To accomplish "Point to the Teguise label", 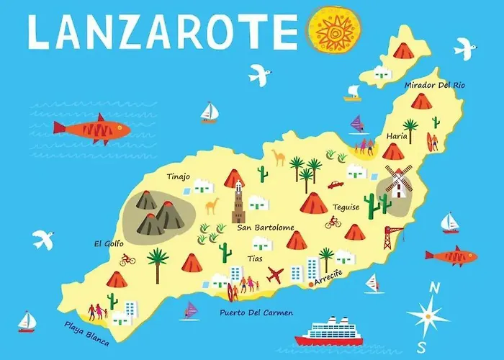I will coord(346,207).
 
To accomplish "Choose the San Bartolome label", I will coord(266,228).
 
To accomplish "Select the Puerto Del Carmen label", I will coord(250,313).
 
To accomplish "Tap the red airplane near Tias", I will coord(275,275).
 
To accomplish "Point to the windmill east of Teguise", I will coord(398,181).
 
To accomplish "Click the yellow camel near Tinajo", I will coord(212,207).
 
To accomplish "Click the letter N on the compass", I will coord(434,289).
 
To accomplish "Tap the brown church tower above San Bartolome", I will coord(239,203).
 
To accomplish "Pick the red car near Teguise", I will coord(335,184).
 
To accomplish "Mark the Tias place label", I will coord(255,258).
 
